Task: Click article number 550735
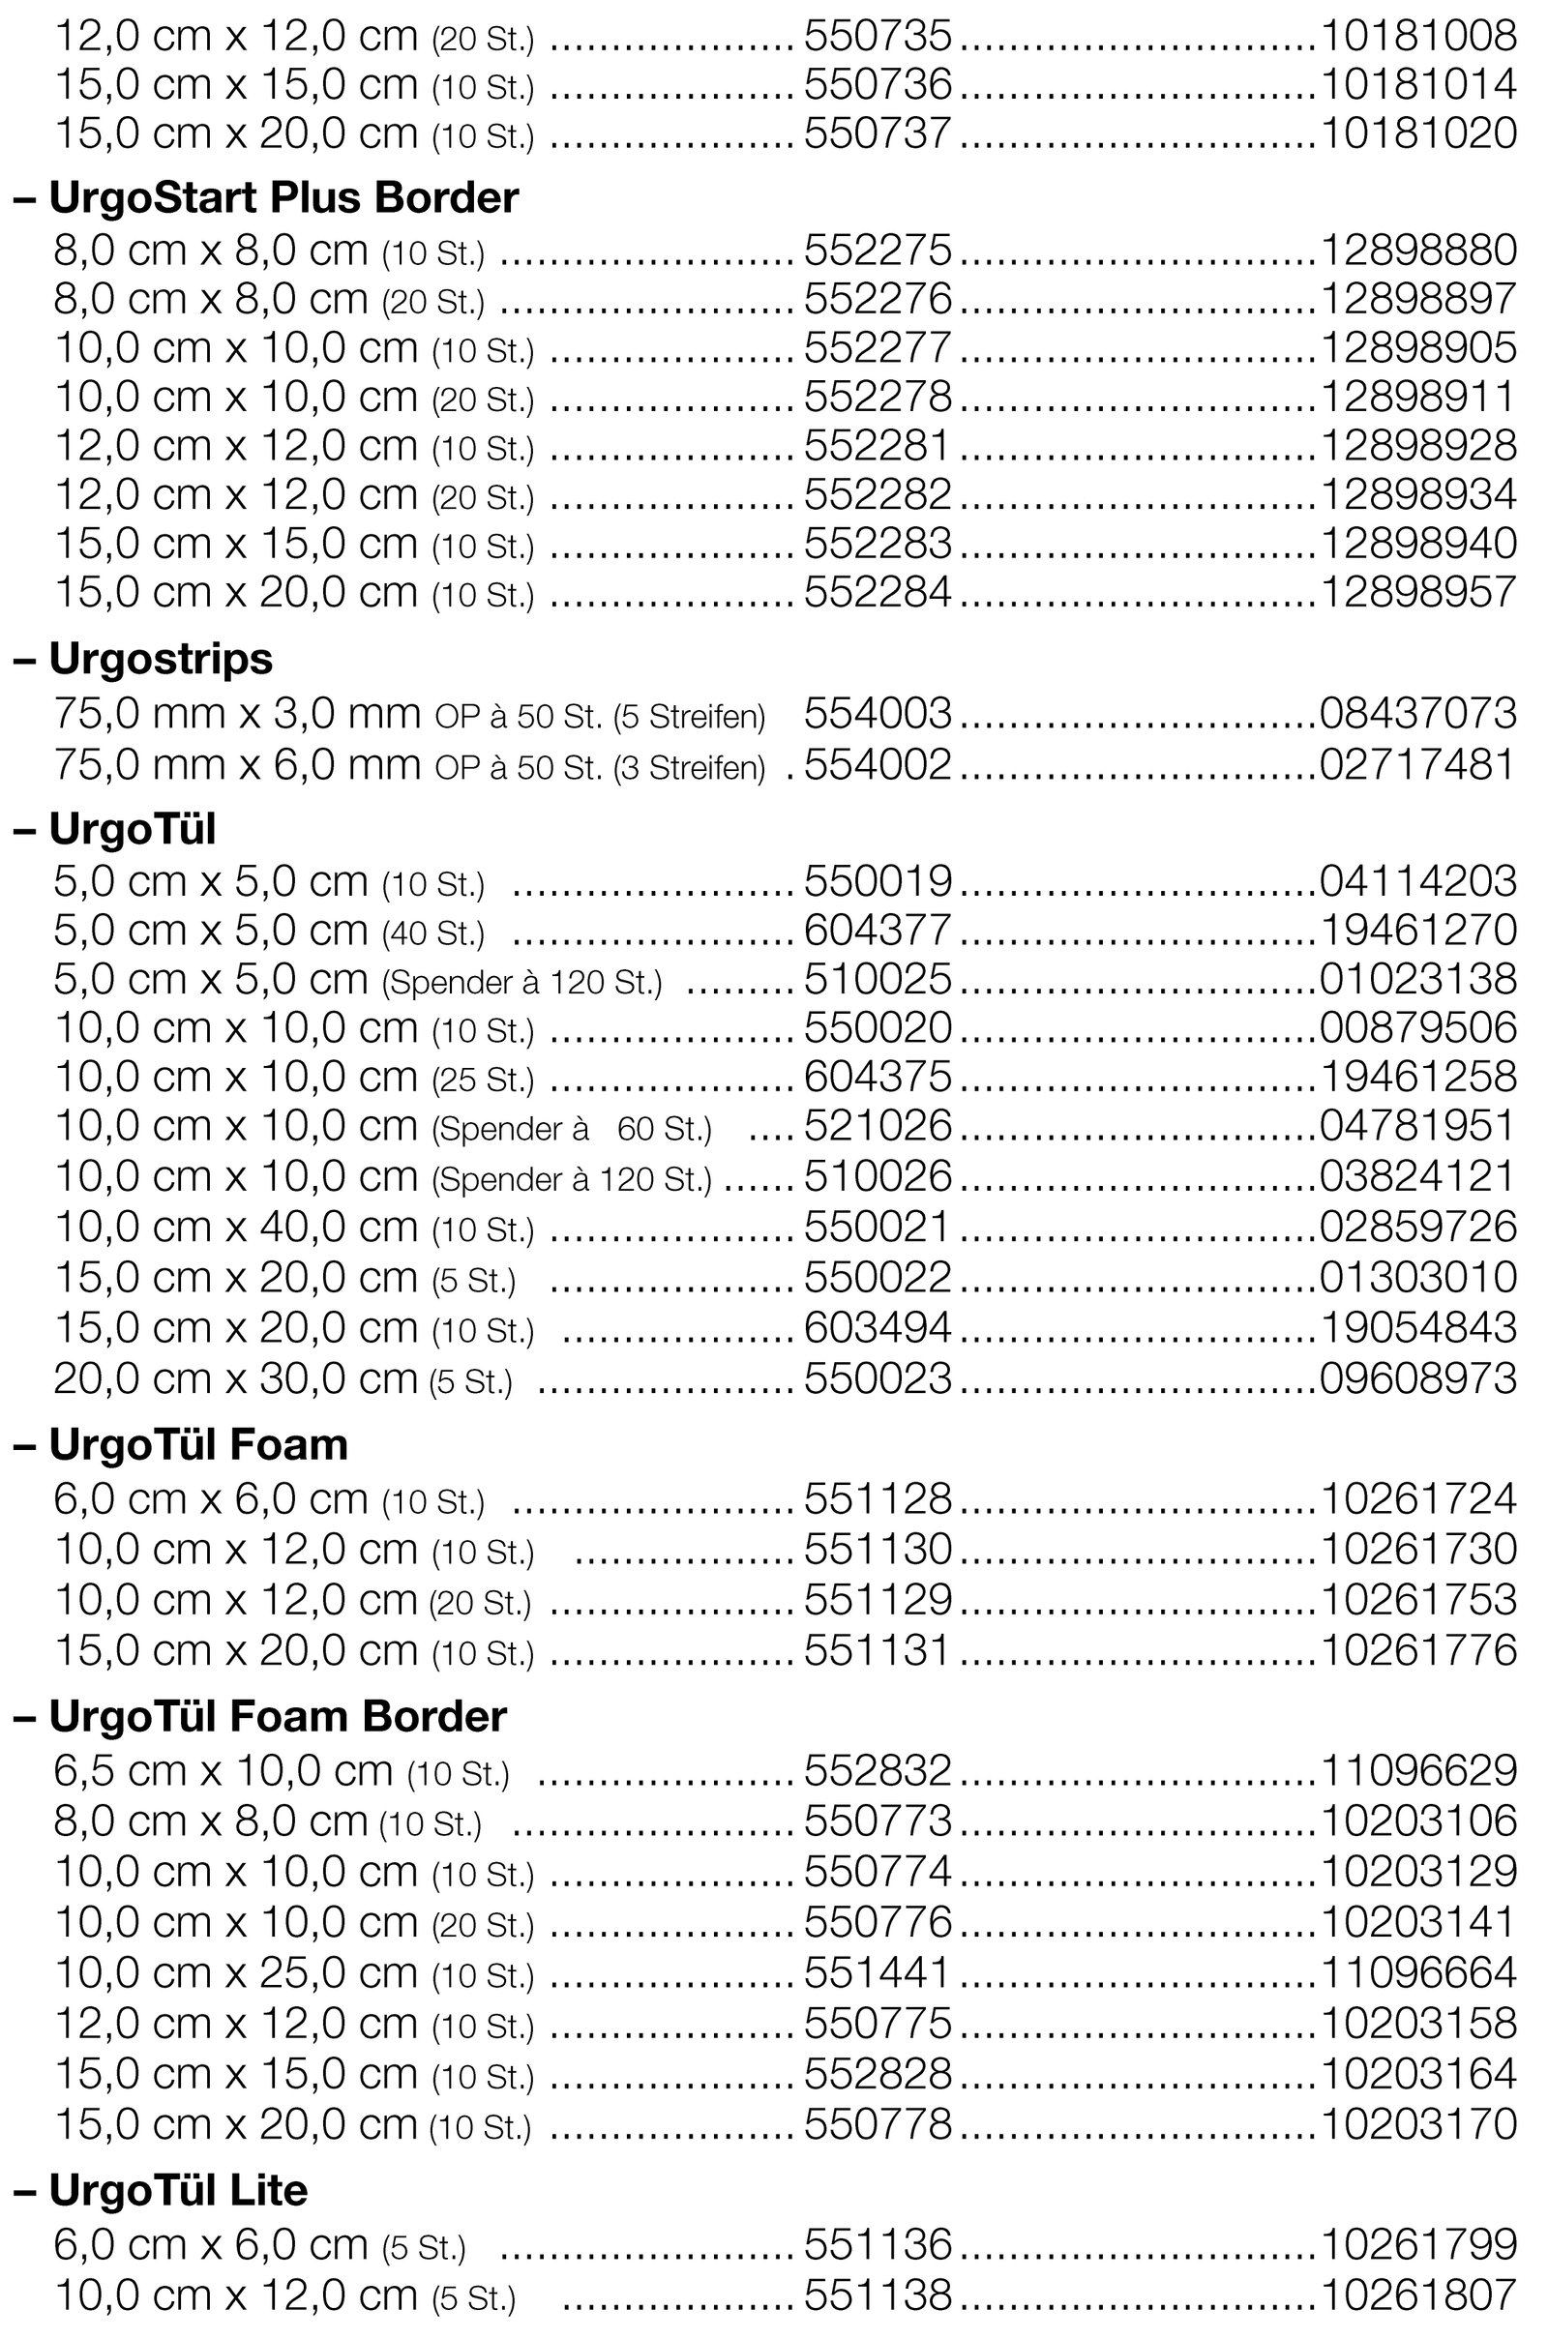tap(878, 36)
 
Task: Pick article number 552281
tap(878, 445)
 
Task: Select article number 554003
tap(878, 714)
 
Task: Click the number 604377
tap(878, 930)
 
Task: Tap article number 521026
tap(878, 1126)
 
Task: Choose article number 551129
tap(878, 1599)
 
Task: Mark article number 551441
tap(878, 1971)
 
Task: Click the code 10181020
tap(1417, 133)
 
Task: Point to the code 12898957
tap(1417, 592)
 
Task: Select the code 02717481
tap(1417, 765)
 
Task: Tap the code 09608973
tap(1417, 1377)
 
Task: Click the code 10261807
tap(1417, 2294)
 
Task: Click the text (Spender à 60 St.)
tap(572, 1129)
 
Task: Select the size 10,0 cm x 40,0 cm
tap(236, 1227)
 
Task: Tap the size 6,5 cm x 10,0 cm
tap(223, 1770)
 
